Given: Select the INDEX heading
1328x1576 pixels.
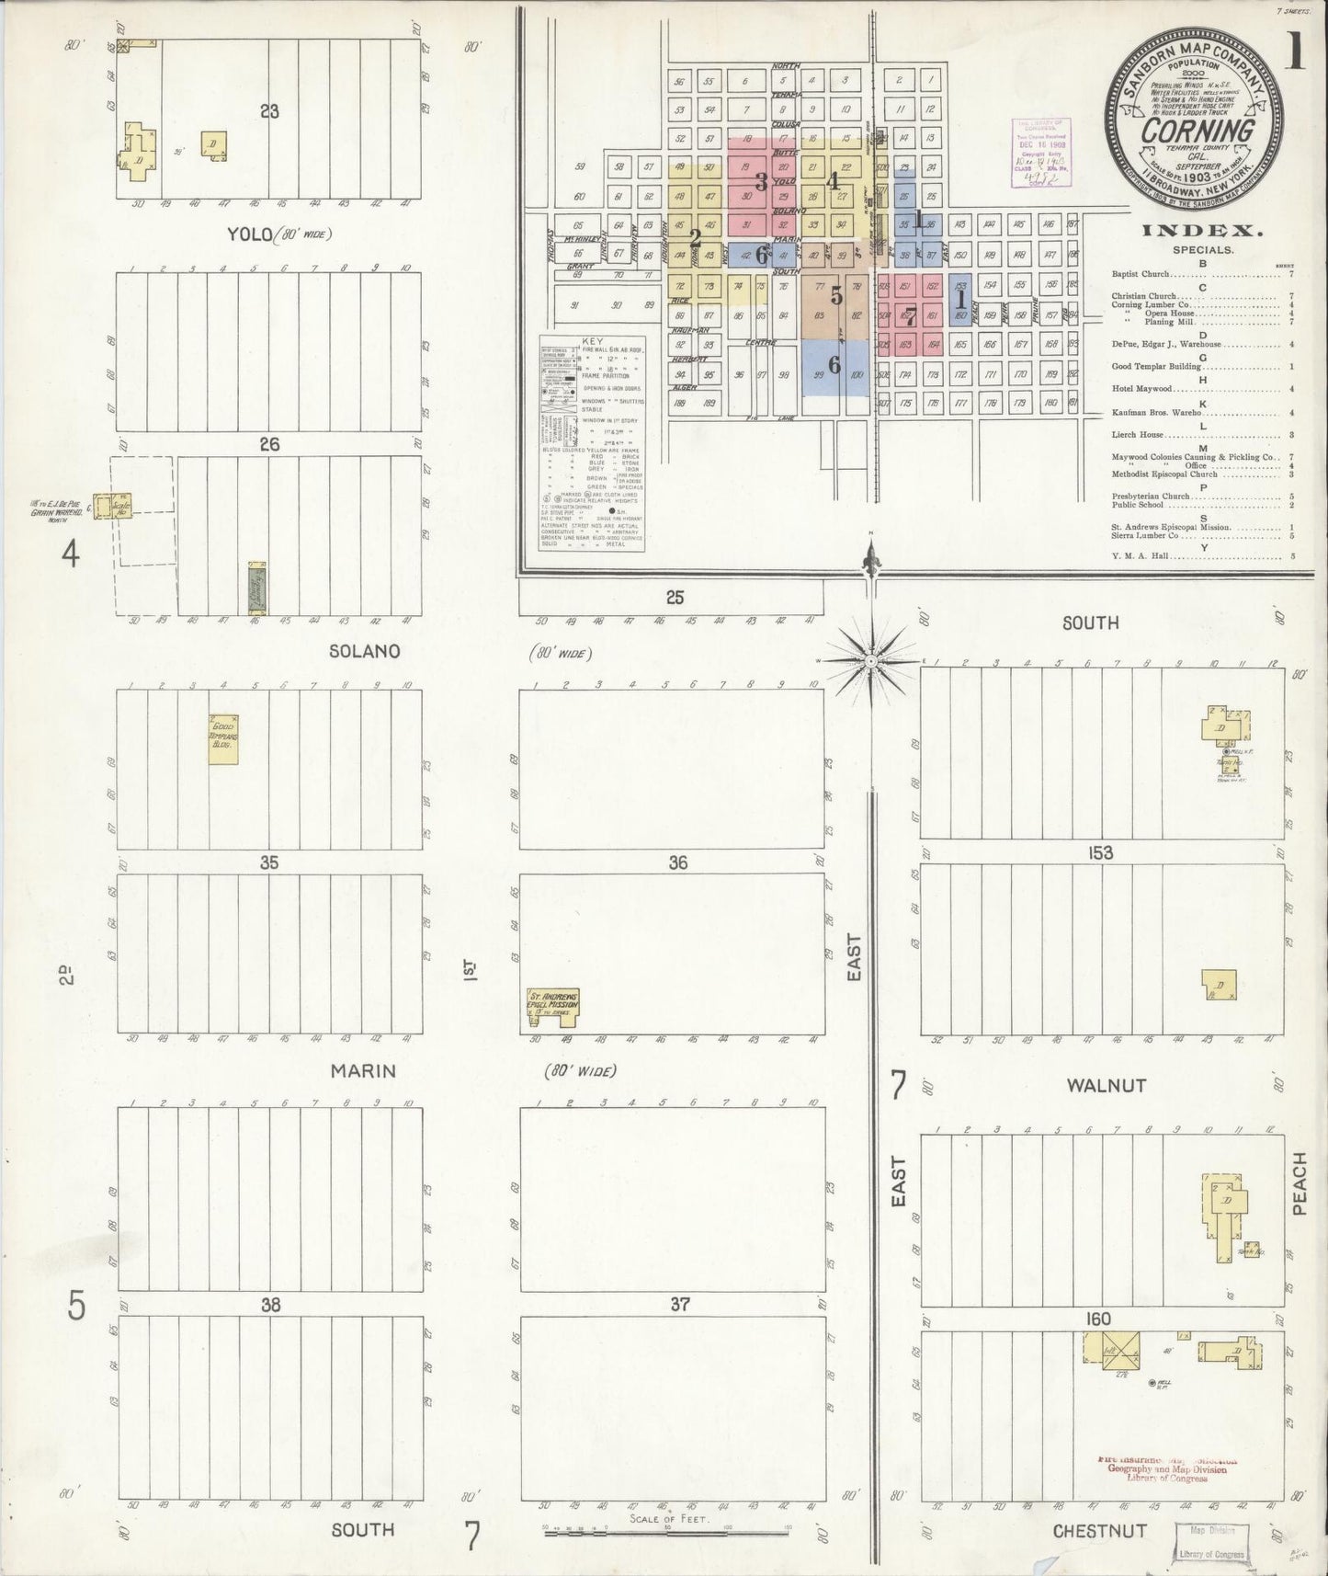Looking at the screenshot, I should click(1203, 232).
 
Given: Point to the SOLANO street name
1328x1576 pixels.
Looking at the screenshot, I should click(365, 650).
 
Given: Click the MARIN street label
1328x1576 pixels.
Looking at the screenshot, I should click(364, 1070).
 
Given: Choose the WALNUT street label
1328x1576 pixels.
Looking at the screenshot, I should click(1106, 1085).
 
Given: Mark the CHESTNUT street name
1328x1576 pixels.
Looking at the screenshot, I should click(1099, 1530).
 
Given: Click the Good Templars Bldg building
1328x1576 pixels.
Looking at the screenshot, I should click(223, 739).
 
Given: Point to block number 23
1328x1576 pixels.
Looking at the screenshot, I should click(269, 112).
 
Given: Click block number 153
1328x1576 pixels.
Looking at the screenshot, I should click(1100, 852).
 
